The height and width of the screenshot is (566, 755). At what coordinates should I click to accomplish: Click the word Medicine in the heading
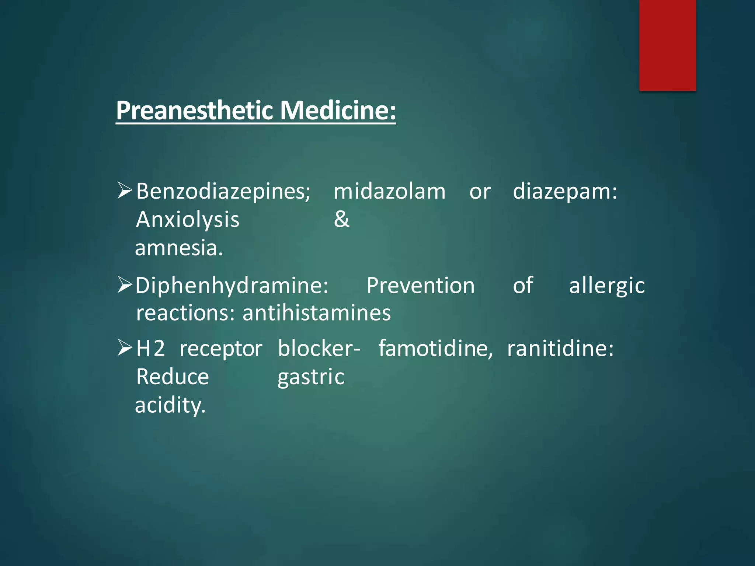(338, 111)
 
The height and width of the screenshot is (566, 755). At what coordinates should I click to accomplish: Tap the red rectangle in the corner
(667, 45)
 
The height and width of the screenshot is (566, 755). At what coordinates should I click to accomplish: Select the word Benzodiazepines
(223, 192)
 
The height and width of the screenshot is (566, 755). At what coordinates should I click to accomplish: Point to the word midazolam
(389, 192)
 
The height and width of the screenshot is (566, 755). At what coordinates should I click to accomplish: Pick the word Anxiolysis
(188, 220)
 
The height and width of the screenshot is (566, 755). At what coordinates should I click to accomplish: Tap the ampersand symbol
(341, 220)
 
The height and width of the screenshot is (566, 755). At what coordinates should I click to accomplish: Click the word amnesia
(179, 248)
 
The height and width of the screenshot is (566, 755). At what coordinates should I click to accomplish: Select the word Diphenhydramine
(232, 286)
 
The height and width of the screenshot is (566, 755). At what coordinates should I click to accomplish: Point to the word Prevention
(421, 286)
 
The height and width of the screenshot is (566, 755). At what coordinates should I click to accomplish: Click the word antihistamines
(317, 313)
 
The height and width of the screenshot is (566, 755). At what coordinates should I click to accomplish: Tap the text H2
(150, 348)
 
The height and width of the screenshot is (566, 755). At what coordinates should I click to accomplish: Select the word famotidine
(435, 348)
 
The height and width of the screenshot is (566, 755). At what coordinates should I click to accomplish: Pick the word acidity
(170, 406)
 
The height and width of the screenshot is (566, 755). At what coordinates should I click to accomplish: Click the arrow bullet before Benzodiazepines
(125, 191)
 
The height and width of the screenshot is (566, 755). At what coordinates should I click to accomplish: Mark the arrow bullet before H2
(125, 347)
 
